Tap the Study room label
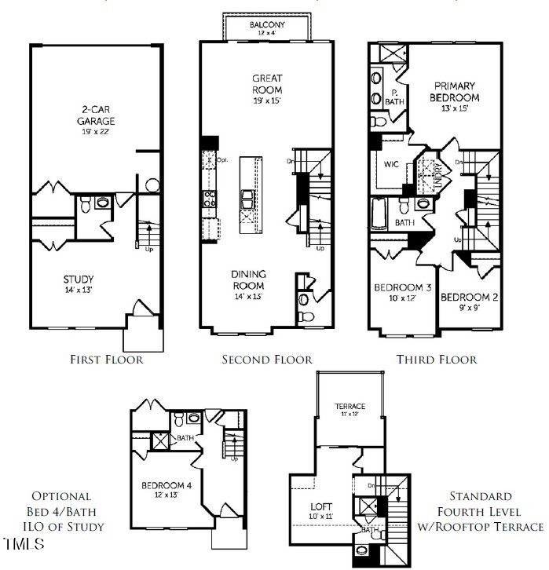[x=79, y=280]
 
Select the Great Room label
[x=267, y=84]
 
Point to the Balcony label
[x=267, y=25]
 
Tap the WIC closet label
[x=392, y=166]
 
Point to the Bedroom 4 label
[x=167, y=485]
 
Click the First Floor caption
[x=107, y=360]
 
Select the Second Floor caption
[x=267, y=360]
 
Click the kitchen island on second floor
[x=249, y=193]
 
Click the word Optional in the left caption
[x=62, y=496]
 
